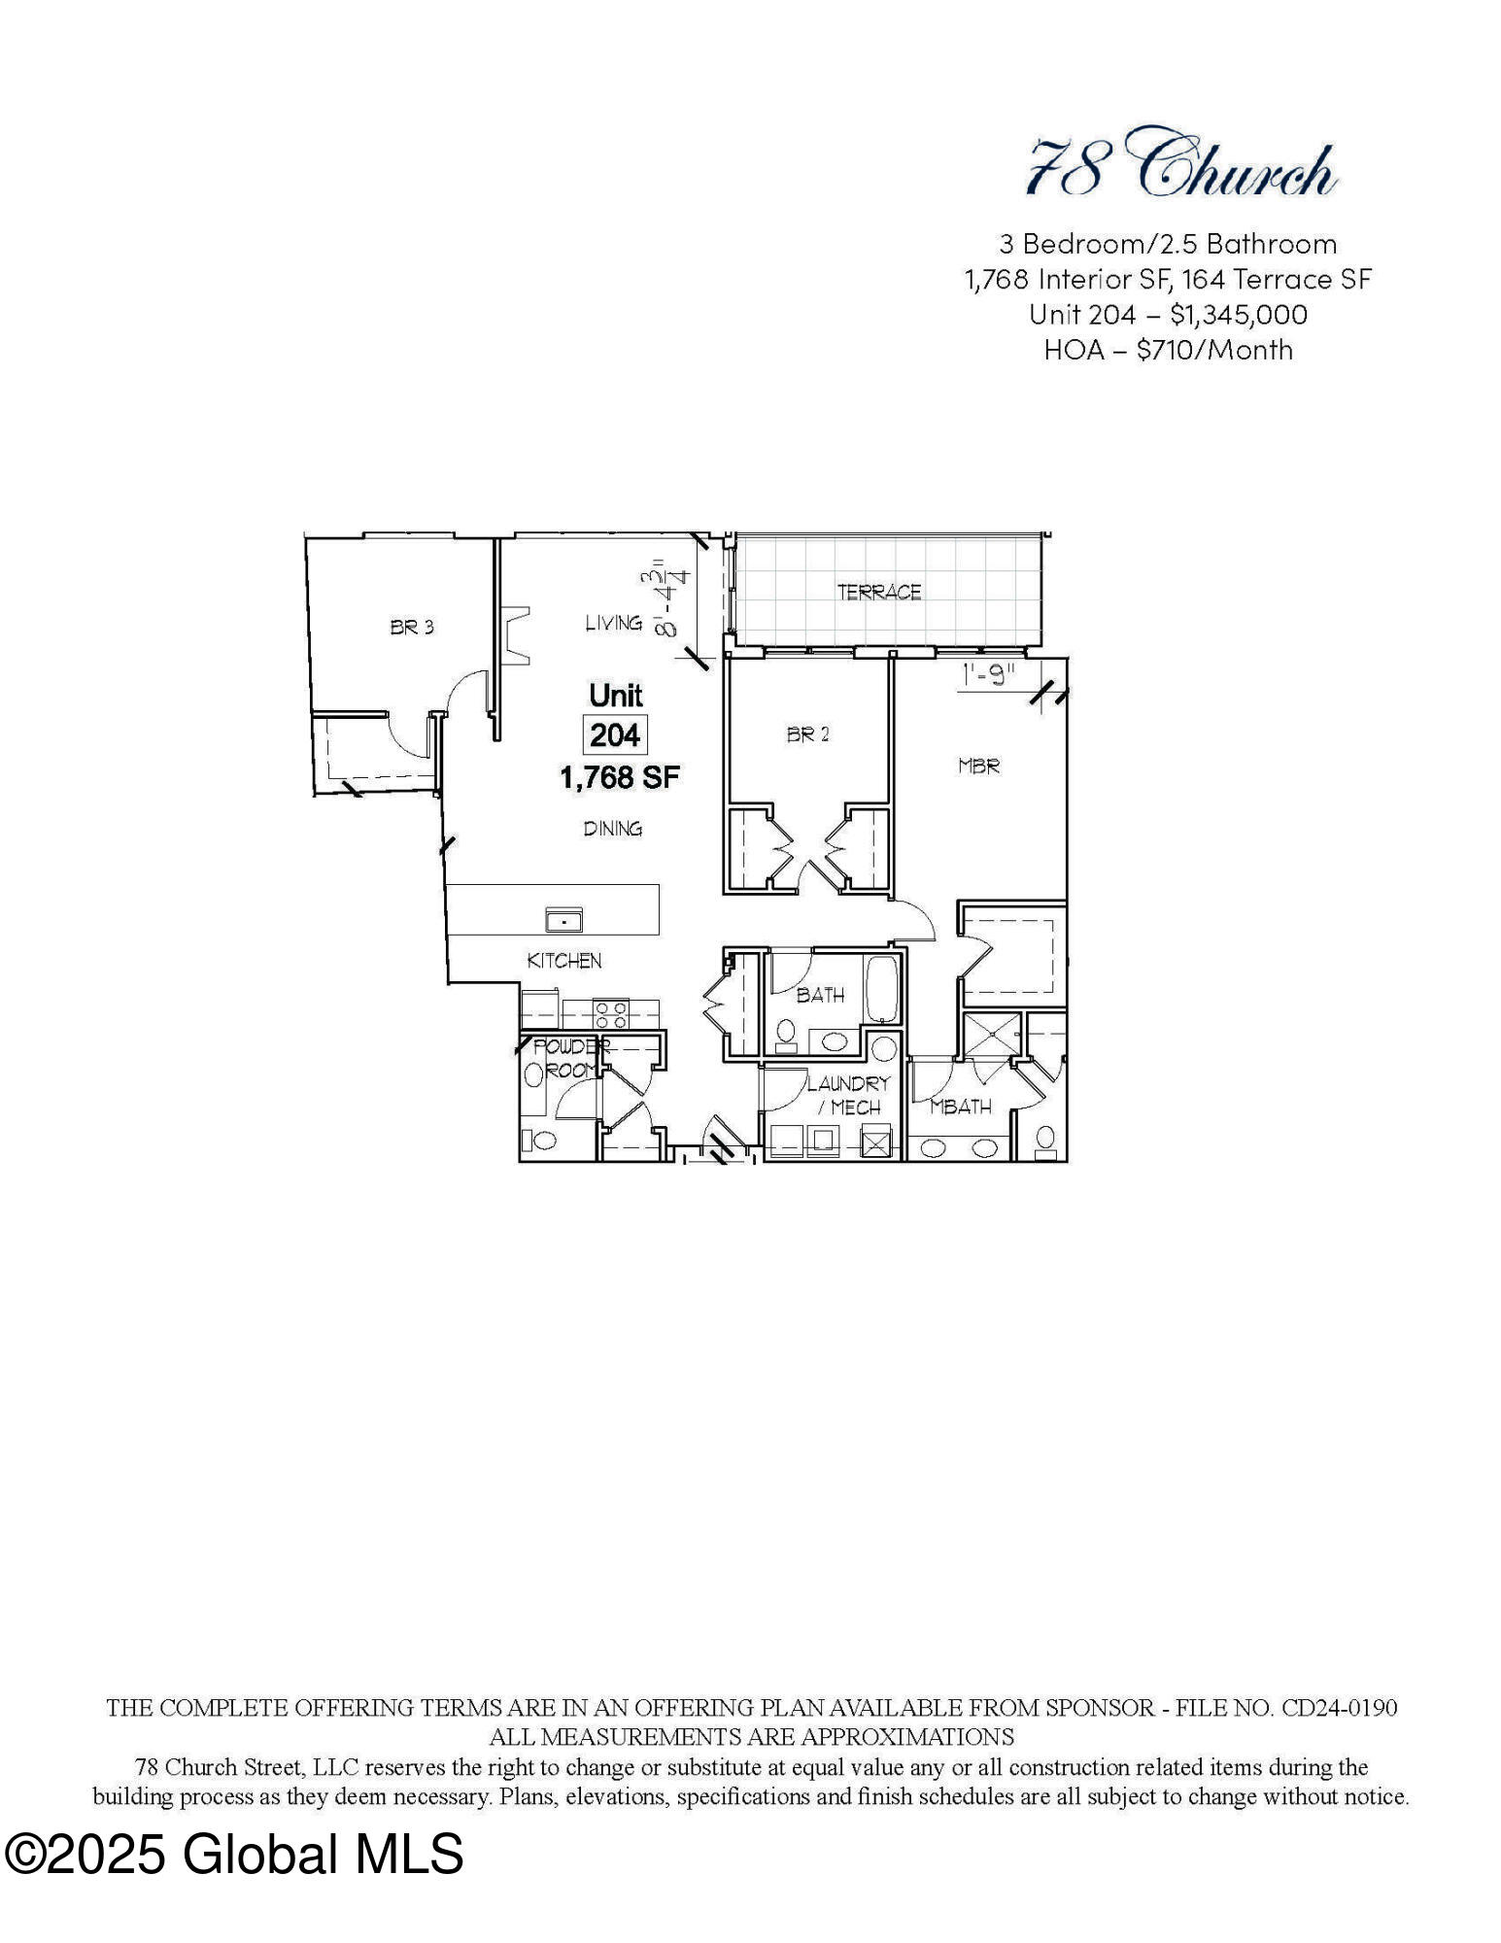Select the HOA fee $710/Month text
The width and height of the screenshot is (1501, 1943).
tap(1214, 350)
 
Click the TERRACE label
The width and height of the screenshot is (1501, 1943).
tap(879, 592)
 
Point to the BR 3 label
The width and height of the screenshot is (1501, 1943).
tap(412, 628)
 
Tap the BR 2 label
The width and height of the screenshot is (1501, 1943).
tap(808, 735)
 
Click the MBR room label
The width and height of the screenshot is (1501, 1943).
tap(978, 767)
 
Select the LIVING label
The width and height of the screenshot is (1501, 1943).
tap(613, 623)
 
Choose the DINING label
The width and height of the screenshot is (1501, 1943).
tap(612, 829)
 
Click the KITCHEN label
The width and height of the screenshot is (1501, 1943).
tap(564, 961)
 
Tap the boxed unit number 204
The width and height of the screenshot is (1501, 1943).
tap(615, 735)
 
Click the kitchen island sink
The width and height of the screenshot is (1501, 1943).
tap(563, 918)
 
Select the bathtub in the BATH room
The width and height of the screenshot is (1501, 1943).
tap(883, 990)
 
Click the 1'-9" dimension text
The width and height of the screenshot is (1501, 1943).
tap(988, 674)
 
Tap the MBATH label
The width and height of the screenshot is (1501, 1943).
tap(961, 1107)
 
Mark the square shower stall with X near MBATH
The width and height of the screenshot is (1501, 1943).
tap(990, 1036)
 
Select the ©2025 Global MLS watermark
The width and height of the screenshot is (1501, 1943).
tap(234, 1854)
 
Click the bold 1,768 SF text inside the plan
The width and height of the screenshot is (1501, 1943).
tap(619, 777)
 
